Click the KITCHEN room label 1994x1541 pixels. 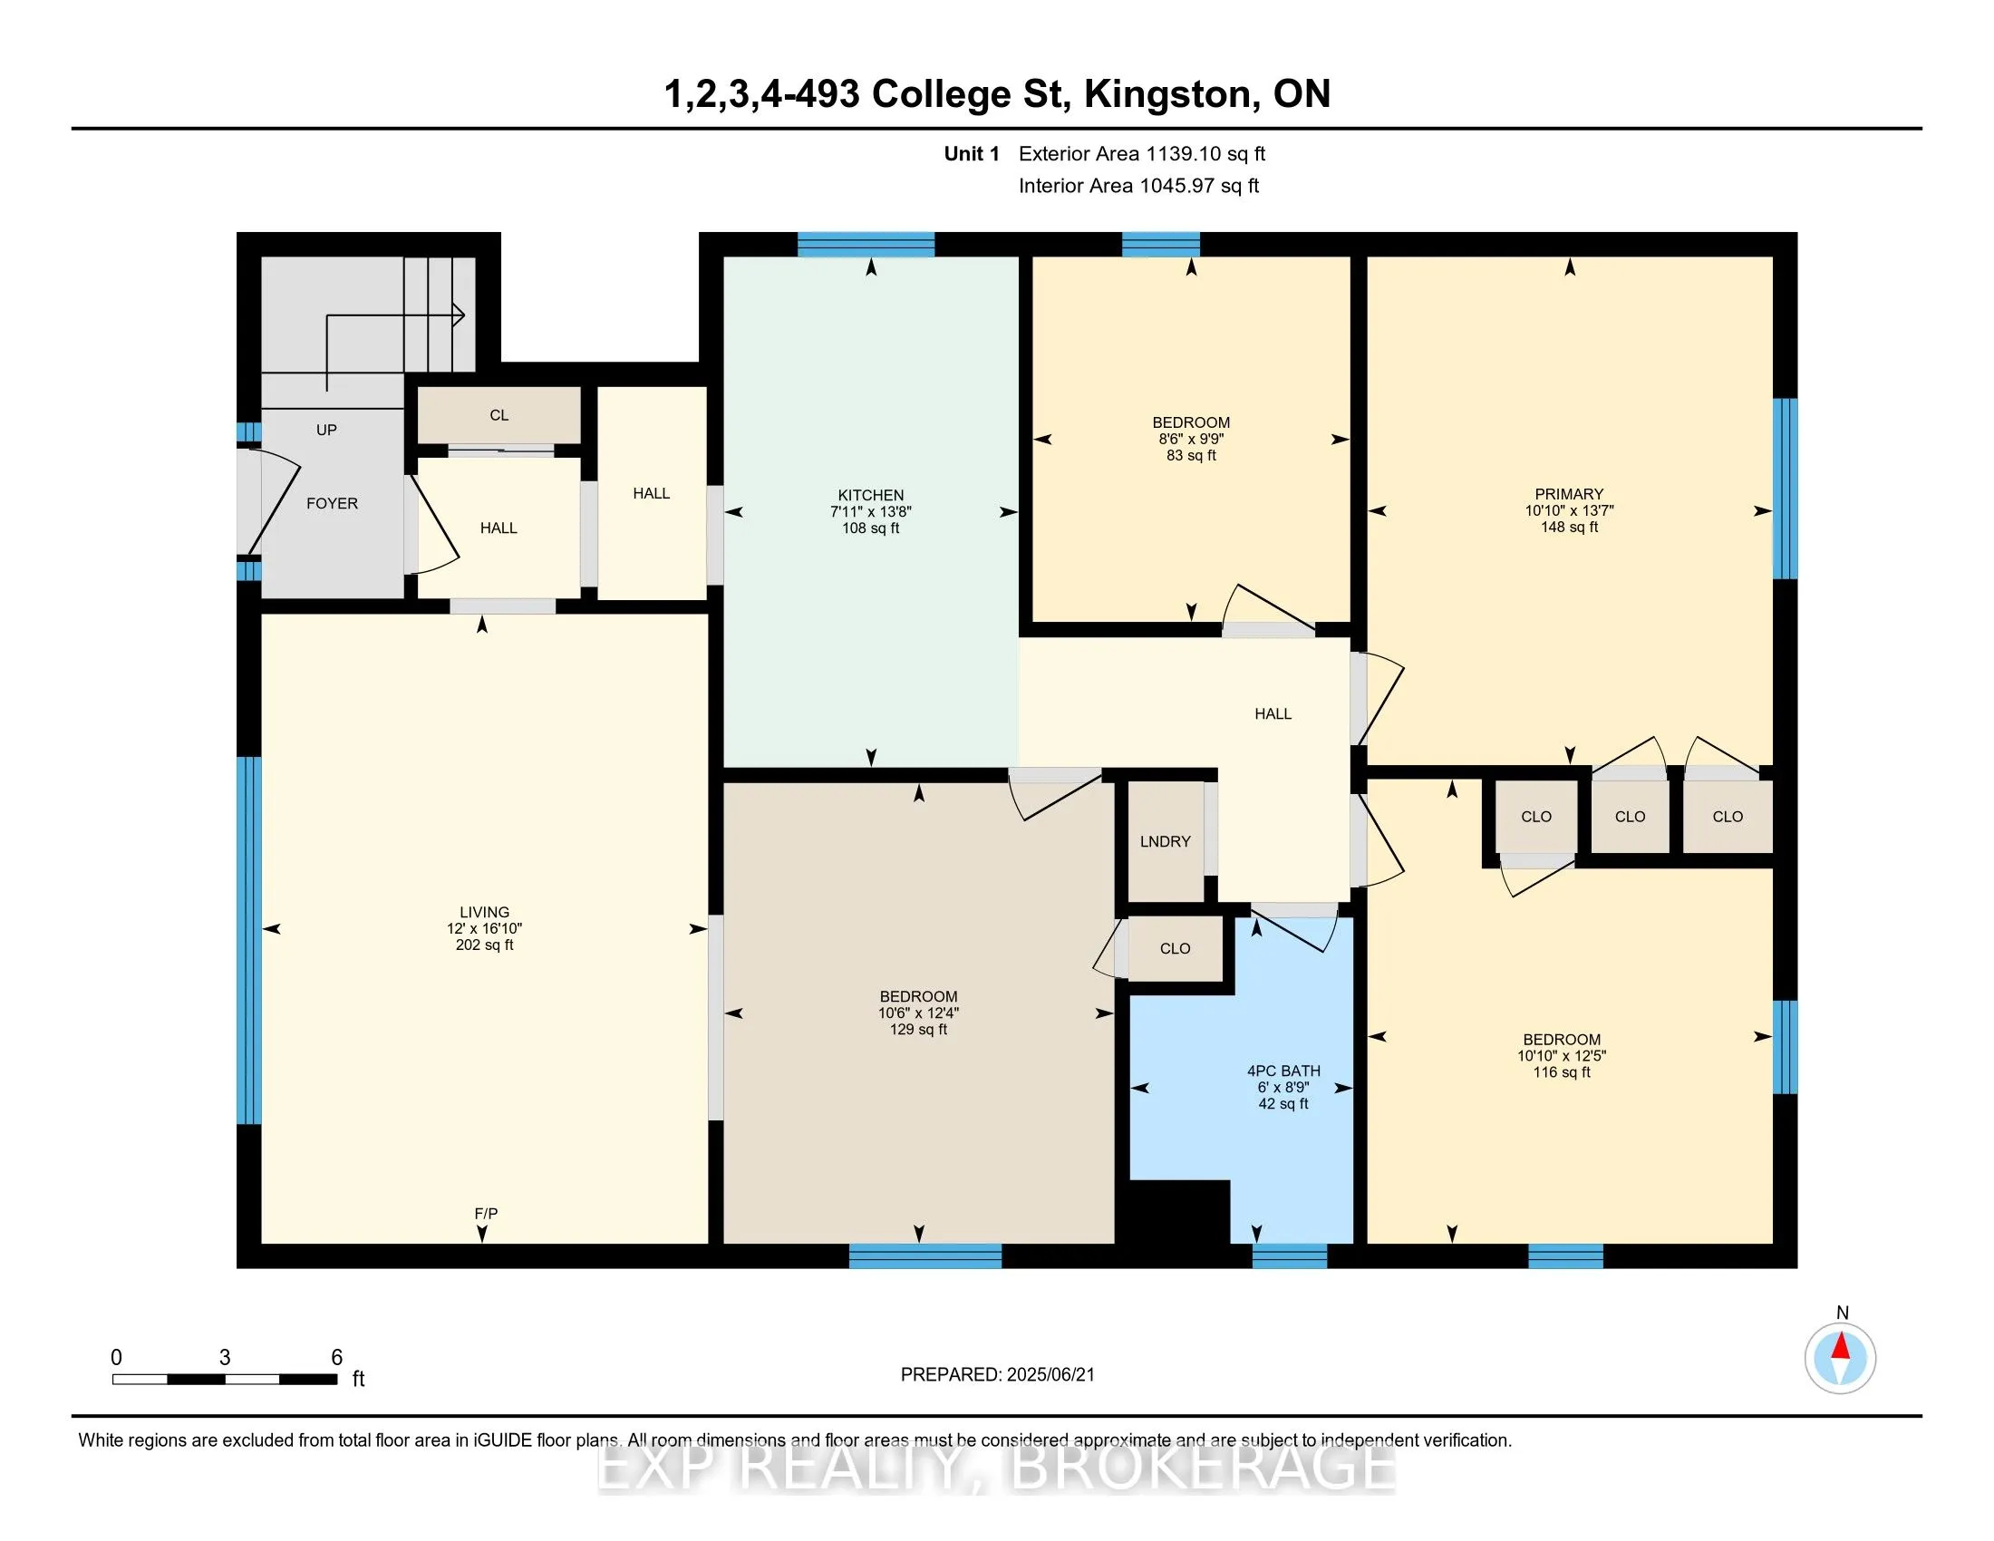870,495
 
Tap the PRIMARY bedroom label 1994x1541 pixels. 1569,494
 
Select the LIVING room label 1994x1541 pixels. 484,912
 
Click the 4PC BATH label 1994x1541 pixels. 1283,1071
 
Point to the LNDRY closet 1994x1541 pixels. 1165,842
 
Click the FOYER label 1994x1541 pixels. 332,503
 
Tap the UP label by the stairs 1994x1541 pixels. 326,429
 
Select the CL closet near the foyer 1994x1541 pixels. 498,415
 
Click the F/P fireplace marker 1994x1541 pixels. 486,1213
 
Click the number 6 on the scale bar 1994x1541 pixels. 336,1358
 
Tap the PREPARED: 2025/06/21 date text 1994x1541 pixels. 997,1375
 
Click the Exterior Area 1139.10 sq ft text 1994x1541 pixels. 1142,154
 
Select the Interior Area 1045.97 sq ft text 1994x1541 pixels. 1138,186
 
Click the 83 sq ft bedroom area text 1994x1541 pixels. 1191,456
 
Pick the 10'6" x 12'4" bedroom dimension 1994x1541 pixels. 918,1013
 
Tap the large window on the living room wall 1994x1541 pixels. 248,940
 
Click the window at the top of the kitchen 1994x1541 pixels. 866,245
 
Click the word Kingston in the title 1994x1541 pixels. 1166,94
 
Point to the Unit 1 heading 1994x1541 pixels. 972,154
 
